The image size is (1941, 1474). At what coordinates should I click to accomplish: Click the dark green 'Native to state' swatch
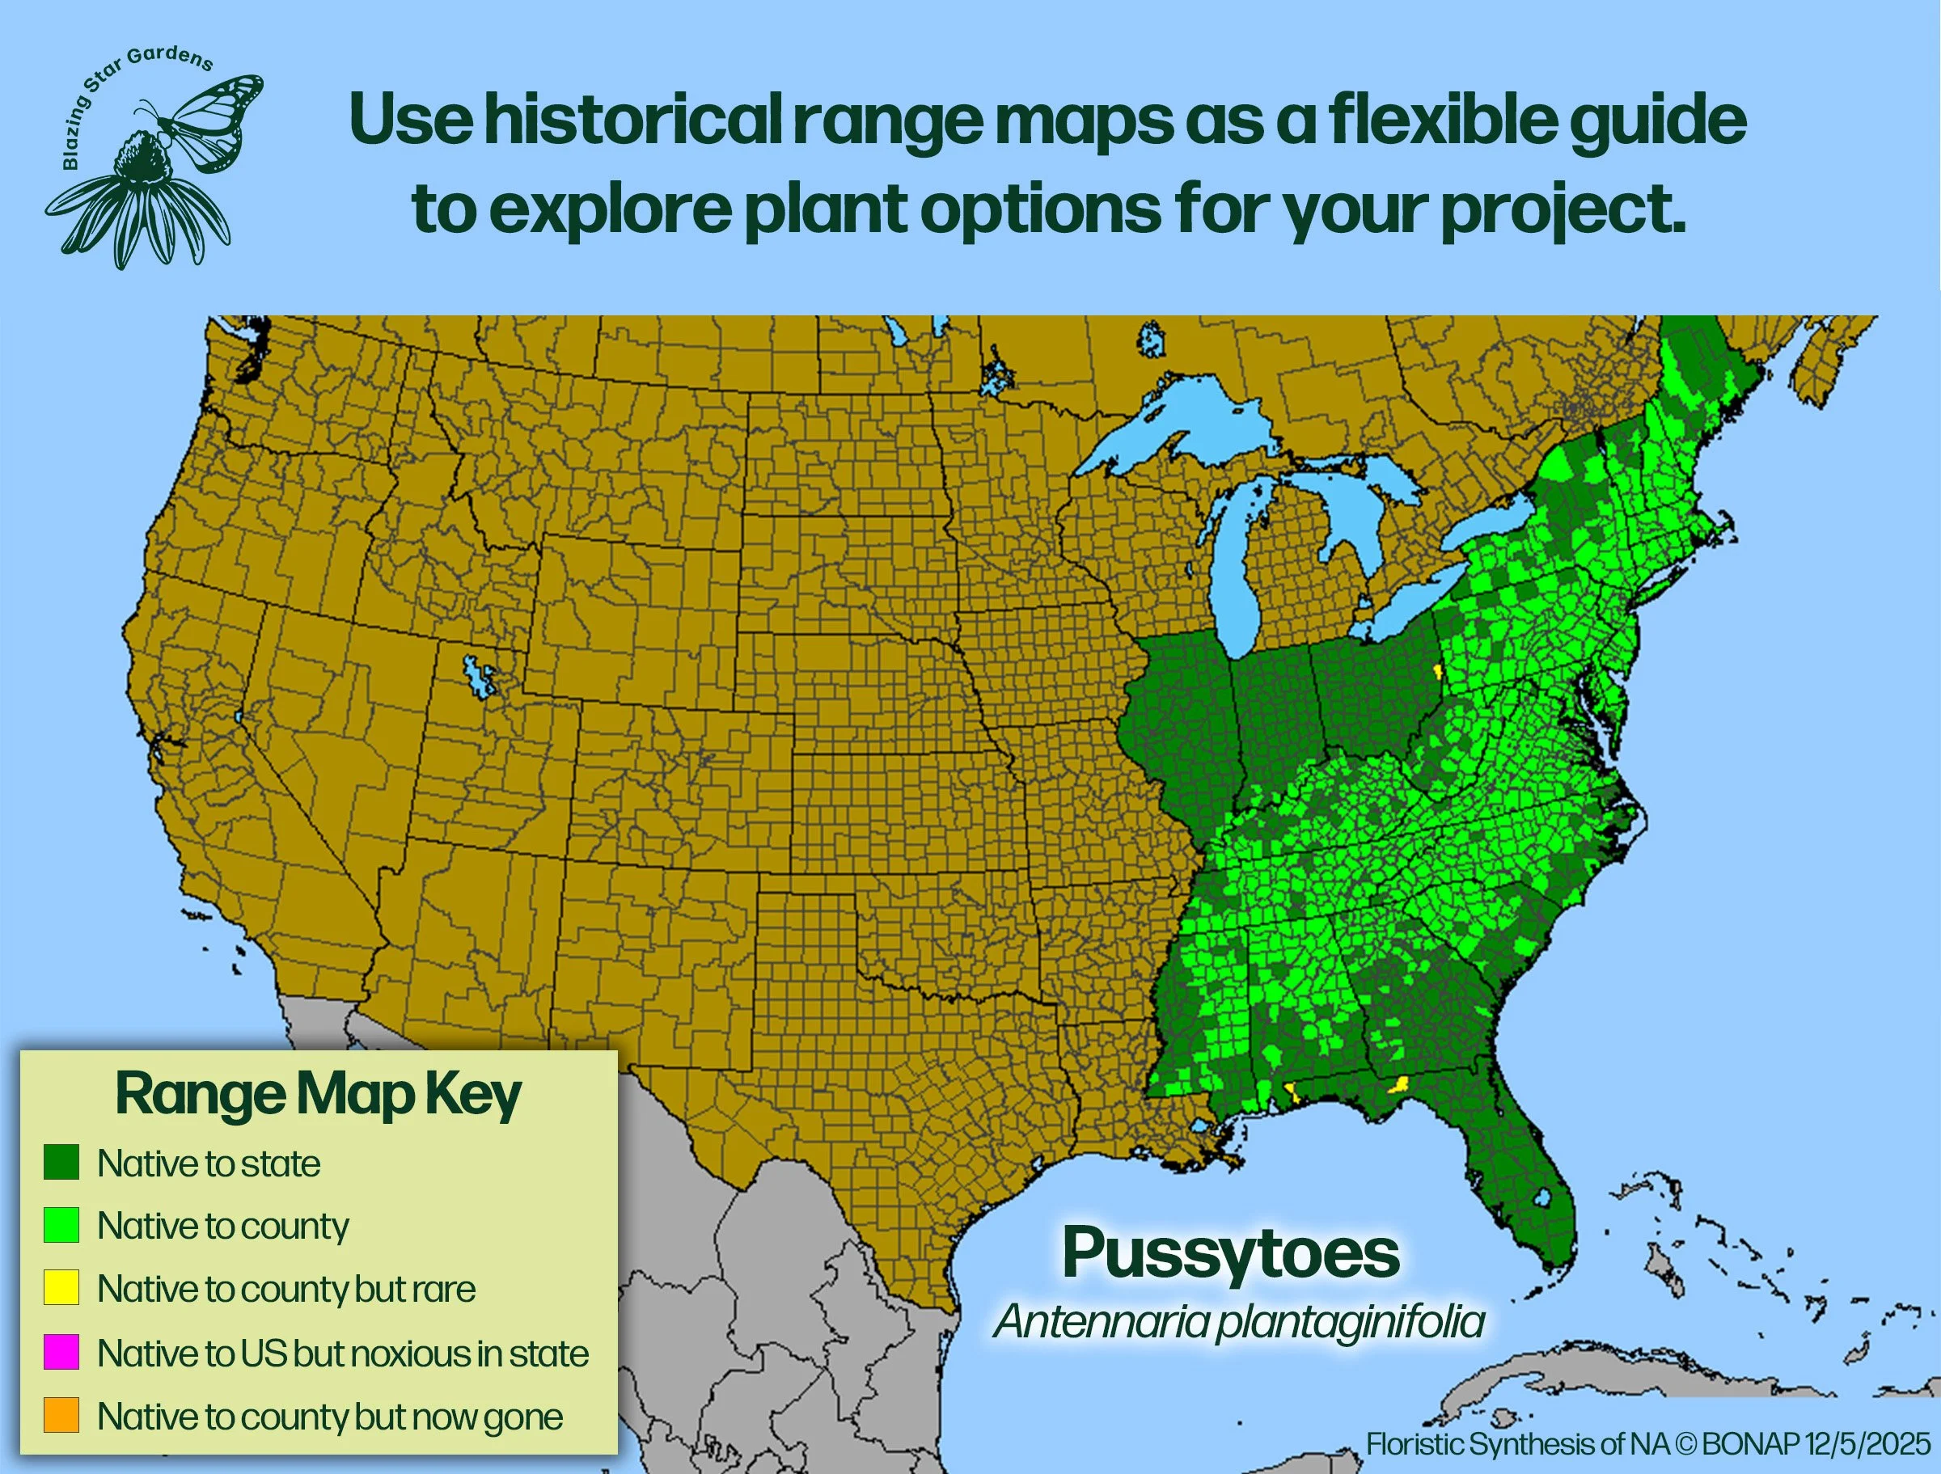[61, 1162]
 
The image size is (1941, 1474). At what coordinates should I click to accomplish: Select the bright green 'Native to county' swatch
[61, 1225]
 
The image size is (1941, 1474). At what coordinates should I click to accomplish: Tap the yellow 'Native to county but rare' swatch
[61, 1288]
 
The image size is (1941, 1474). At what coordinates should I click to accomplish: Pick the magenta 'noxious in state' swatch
[61, 1352]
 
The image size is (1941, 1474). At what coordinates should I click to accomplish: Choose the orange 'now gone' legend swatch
[61, 1415]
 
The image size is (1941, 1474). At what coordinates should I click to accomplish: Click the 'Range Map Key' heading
[318, 1094]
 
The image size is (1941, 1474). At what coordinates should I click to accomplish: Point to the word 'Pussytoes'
[1230, 1253]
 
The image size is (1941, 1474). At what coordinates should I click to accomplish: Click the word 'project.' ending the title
[1563, 210]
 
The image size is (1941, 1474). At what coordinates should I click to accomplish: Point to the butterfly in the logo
[210, 118]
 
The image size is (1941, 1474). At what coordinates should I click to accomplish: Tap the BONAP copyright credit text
[1648, 1443]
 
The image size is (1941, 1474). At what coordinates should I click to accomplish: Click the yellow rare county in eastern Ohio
[1437, 672]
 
